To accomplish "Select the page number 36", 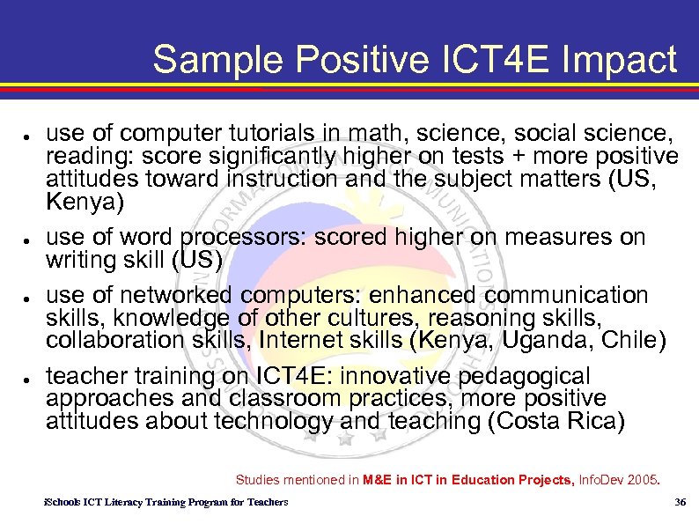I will click(x=679, y=502).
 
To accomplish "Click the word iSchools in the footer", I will click(x=62, y=502).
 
